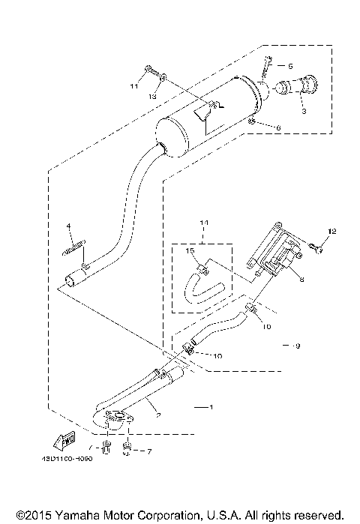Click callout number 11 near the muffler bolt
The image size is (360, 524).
pyautogui.click(x=134, y=87)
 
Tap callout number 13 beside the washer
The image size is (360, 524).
pyautogui.click(x=152, y=97)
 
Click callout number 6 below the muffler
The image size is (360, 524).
pyautogui.click(x=277, y=128)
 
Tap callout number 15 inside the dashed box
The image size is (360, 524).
pyautogui.click(x=190, y=250)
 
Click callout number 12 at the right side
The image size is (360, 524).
pyautogui.click(x=334, y=231)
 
